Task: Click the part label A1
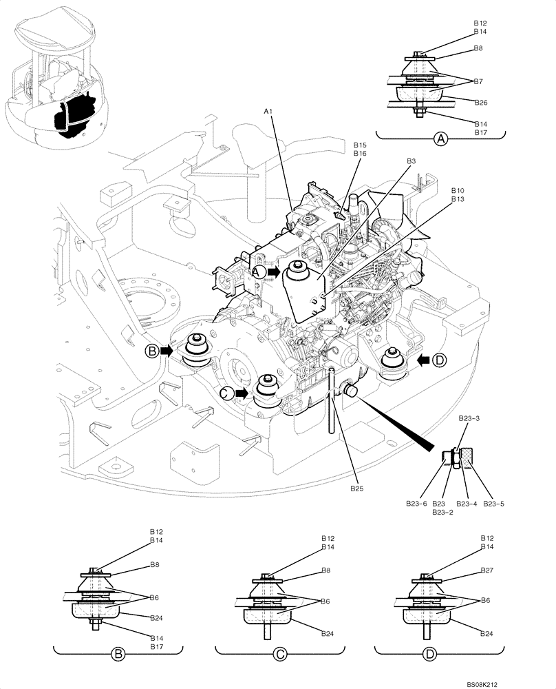[268, 111]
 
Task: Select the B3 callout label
[411, 161]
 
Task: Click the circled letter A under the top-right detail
[441, 139]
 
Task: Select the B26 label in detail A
[481, 102]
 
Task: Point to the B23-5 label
[494, 504]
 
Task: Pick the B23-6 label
[414, 504]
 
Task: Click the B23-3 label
[470, 418]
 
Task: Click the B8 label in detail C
[326, 570]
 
